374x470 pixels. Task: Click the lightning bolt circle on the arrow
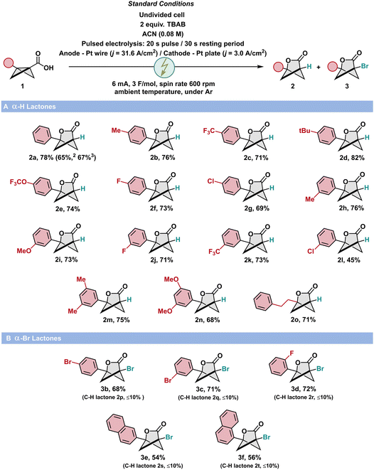164,67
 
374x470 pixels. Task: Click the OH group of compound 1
48,68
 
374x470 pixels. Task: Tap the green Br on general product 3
365,66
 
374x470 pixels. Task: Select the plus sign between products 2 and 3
319,67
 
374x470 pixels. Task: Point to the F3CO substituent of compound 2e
18,182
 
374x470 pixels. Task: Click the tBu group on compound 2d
304,131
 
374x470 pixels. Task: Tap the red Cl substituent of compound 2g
212,181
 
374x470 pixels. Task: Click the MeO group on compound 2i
23,250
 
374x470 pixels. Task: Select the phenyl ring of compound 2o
263,302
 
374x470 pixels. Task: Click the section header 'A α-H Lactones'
29,107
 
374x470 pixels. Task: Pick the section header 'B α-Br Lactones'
33,338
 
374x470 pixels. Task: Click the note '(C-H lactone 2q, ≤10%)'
208,397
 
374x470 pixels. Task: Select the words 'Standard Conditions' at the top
161,4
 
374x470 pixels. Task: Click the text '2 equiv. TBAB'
163,24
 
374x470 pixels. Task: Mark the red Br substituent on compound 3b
68,362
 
